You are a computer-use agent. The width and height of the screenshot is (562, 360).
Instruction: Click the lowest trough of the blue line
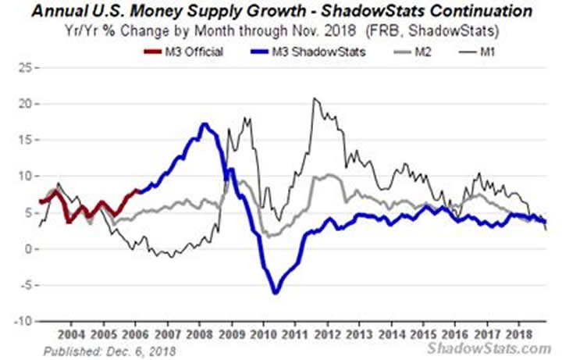[x=276, y=293]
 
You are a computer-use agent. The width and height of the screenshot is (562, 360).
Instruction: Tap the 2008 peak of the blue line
[x=205, y=124]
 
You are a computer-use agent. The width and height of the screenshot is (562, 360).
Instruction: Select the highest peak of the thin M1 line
[x=314, y=98]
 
